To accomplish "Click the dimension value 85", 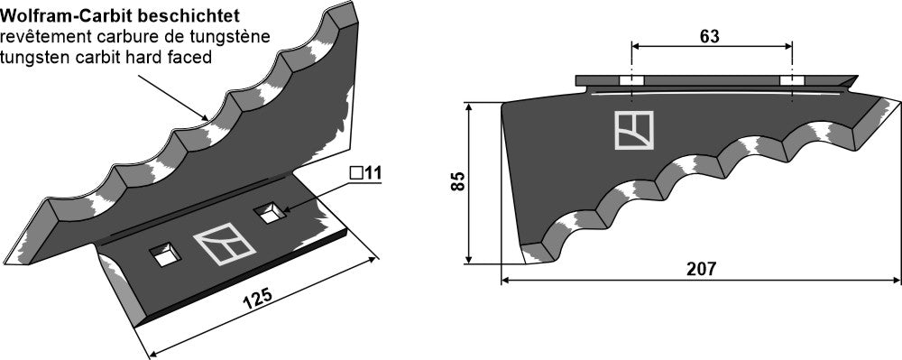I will pyautogui.click(x=458, y=181).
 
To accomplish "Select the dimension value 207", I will pyautogui.click(x=701, y=269).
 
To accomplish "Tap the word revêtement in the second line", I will pyautogui.click(x=40, y=37).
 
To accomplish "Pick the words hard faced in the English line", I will pyautogui.click(x=175, y=57).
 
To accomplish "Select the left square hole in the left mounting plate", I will pyautogui.click(x=164, y=255).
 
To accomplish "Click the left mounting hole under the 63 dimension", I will pyautogui.click(x=632, y=81).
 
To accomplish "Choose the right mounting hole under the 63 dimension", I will pyautogui.click(x=791, y=81).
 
